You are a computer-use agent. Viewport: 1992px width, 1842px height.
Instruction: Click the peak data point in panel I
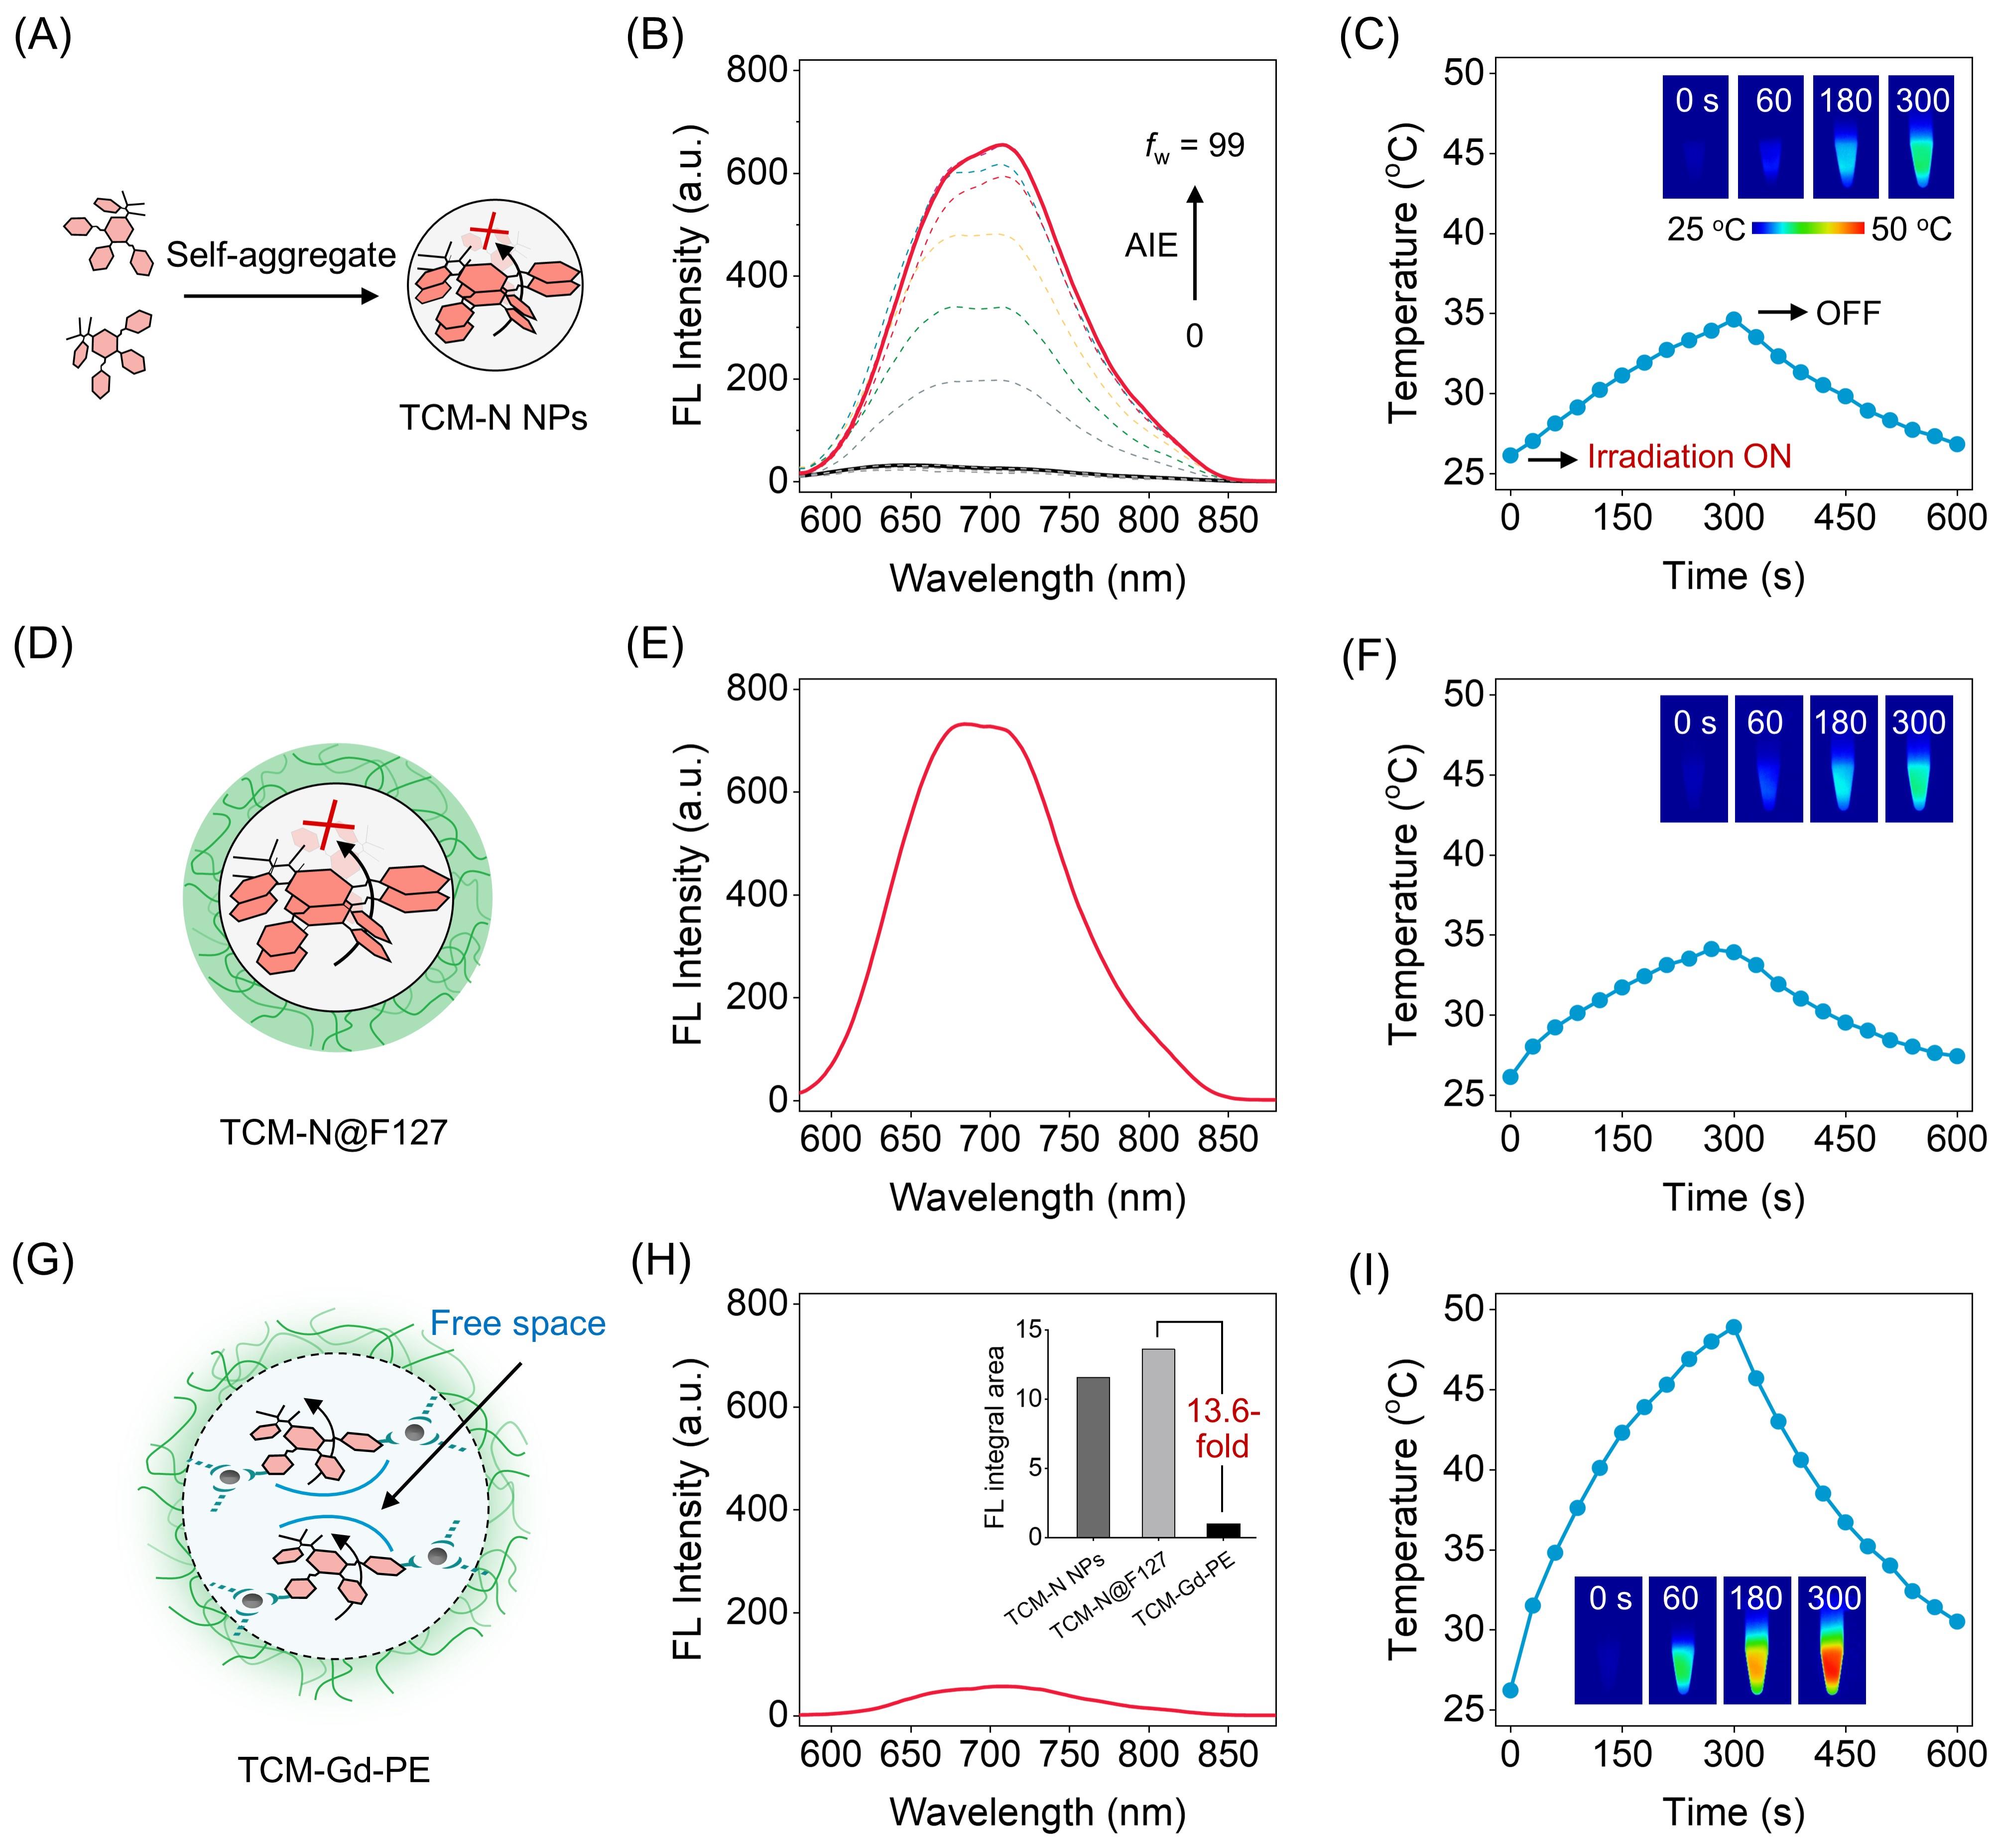[1734, 1326]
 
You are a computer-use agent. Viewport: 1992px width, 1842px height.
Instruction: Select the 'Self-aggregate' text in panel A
[281, 255]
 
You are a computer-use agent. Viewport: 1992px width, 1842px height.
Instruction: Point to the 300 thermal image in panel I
[1832, 1640]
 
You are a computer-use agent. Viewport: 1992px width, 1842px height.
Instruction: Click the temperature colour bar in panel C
[1808, 228]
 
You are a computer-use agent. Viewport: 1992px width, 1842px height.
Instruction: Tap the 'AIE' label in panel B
[1151, 245]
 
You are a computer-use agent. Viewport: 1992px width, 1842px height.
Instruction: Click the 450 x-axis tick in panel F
[1845, 1138]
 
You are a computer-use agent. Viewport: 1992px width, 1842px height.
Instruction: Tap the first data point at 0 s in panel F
[1511, 1076]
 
